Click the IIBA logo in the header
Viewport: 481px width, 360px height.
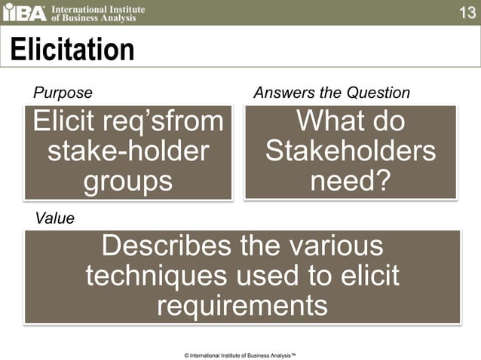click(x=26, y=13)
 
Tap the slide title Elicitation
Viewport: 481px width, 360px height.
click(x=72, y=50)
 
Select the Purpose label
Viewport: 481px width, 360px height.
click(x=63, y=93)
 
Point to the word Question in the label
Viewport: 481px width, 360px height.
click(x=378, y=93)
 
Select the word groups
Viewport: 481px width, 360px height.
click(x=127, y=181)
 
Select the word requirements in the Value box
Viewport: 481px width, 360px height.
click(x=242, y=306)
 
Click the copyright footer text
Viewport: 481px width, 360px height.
click(x=240, y=353)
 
